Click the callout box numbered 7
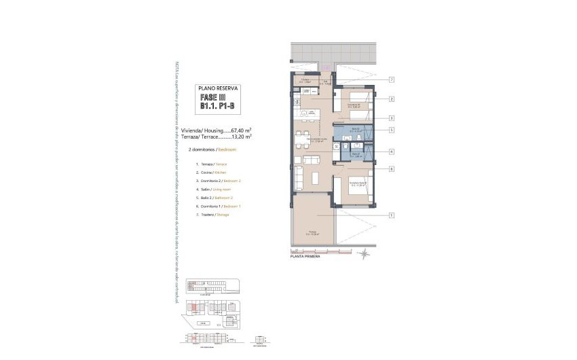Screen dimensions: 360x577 click(392, 80)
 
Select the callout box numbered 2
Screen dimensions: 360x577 click(392, 99)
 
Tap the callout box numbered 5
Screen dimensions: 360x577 click(392, 130)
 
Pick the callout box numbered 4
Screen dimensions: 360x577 click(392, 151)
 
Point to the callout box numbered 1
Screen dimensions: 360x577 click(392, 216)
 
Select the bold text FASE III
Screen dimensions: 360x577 click(212, 98)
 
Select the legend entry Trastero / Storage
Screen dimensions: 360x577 click(212, 215)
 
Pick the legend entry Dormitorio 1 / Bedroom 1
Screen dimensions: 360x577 click(217, 206)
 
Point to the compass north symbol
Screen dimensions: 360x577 click(365, 254)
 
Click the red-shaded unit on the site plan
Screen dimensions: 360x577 click(193, 308)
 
